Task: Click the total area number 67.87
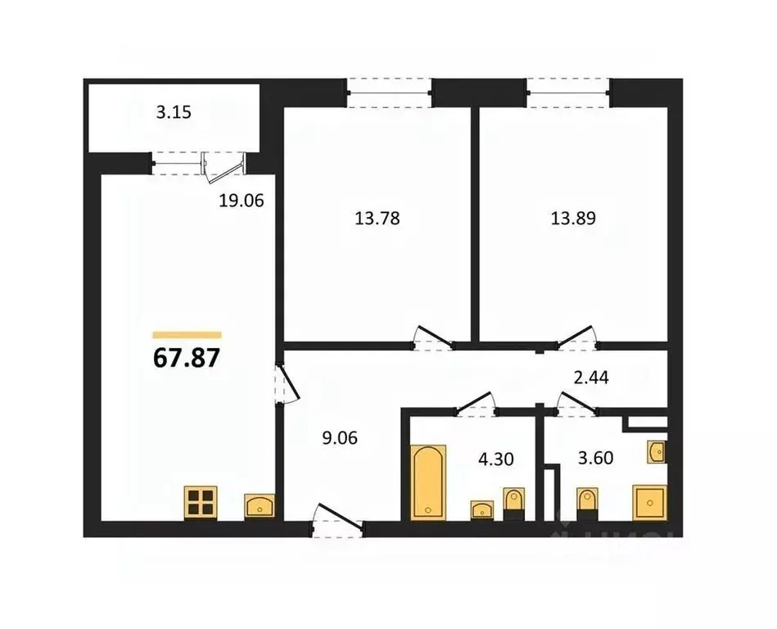(x=187, y=359)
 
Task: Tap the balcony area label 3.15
(x=174, y=112)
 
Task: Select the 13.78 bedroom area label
(x=377, y=219)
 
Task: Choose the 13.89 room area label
(x=572, y=219)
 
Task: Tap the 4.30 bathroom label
(x=495, y=459)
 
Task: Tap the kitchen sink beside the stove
(x=260, y=506)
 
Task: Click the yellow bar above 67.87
(x=187, y=334)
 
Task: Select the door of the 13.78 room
(x=431, y=337)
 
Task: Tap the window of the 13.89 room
(x=568, y=92)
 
